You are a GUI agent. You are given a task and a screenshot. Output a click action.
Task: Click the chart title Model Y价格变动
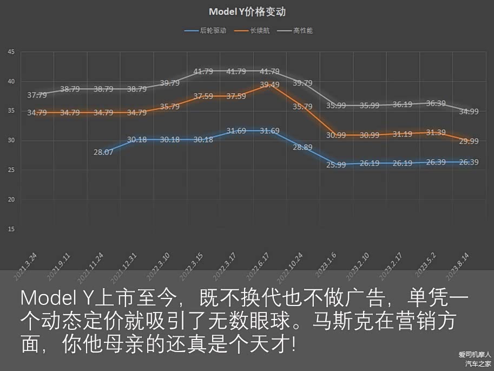(x=247, y=12)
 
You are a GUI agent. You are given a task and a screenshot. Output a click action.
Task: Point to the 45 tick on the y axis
(x=11, y=52)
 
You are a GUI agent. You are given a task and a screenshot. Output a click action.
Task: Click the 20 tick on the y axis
(x=11, y=200)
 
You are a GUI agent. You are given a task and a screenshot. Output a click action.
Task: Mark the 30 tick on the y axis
(x=11, y=141)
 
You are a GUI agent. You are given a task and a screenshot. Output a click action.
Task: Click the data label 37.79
(x=37, y=95)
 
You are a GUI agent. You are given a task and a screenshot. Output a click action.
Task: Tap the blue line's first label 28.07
(x=103, y=153)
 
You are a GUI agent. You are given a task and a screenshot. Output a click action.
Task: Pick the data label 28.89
(x=302, y=147)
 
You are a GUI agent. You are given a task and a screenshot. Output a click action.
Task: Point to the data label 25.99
(x=336, y=165)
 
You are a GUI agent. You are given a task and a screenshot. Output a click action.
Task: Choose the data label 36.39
(x=436, y=103)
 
